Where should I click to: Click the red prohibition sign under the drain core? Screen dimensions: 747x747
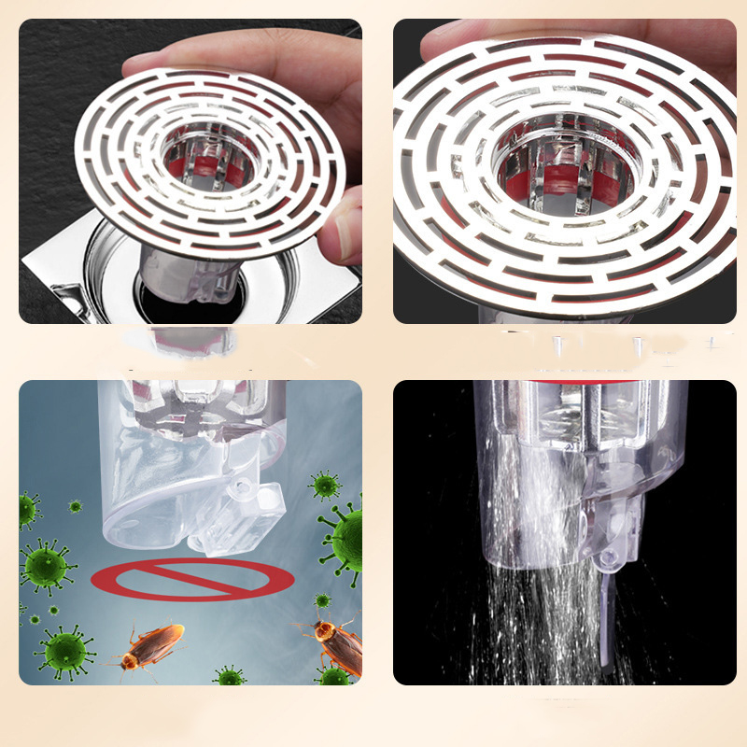click(x=190, y=580)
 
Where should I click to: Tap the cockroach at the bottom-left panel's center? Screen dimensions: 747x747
click(x=151, y=645)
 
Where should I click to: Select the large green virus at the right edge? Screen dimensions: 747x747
click(x=345, y=537)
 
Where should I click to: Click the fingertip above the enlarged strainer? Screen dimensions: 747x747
click(x=486, y=37)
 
